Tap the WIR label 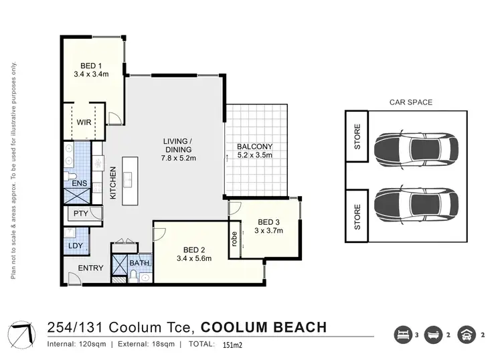point(84,122)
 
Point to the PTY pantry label point(81,214)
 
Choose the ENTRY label point(90,268)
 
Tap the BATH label point(139,264)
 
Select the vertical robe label point(234,239)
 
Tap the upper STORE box point(357,137)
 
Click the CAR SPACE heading point(410,102)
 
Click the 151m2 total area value point(232,346)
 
